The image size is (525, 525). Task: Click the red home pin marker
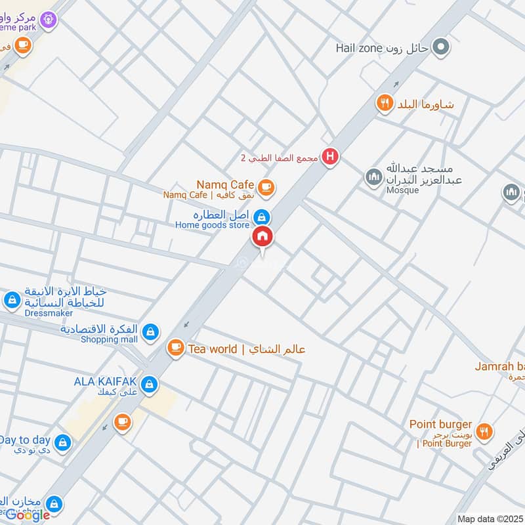coord(262,237)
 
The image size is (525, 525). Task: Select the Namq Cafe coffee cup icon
coord(265,188)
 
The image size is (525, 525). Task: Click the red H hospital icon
coord(331,157)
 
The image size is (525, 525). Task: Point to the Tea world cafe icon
coord(175,348)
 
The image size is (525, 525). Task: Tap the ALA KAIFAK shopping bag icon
coord(150,383)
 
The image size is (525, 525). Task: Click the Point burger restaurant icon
coord(484,430)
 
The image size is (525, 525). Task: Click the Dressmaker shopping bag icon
coord(12,301)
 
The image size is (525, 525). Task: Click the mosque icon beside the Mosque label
coord(374,177)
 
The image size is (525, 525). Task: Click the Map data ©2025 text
coord(490,518)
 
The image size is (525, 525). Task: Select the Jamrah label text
coord(499,366)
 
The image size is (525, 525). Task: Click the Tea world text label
coord(213,349)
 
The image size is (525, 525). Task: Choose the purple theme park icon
coord(47,20)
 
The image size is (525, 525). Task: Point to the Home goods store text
coord(212,226)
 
